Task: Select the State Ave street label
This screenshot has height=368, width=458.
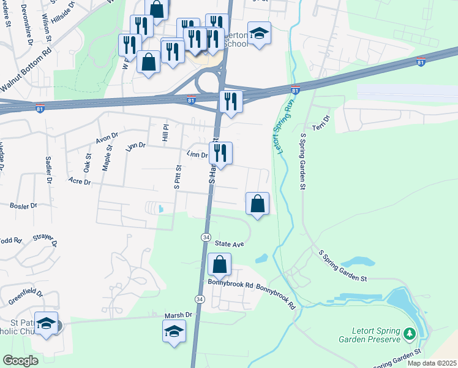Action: (x=230, y=243)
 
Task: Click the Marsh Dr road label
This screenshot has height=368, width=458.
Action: (x=178, y=315)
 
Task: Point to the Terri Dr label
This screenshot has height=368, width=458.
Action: (x=321, y=123)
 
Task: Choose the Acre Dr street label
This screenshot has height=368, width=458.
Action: (x=80, y=182)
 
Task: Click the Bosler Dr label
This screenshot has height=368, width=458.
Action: (x=23, y=206)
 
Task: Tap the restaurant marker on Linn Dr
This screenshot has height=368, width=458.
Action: (x=220, y=153)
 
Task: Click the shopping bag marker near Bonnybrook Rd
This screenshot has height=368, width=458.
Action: (x=219, y=265)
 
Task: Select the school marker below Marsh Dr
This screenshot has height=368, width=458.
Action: (x=175, y=332)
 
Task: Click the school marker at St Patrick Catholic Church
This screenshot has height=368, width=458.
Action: (x=46, y=323)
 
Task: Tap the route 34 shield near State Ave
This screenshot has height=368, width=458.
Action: (x=206, y=237)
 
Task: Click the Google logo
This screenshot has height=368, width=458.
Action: (x=21, y=360)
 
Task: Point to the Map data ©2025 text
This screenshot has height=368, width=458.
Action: (x=432, y=363)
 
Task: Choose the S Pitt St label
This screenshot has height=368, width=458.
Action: (x=177, y=177)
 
